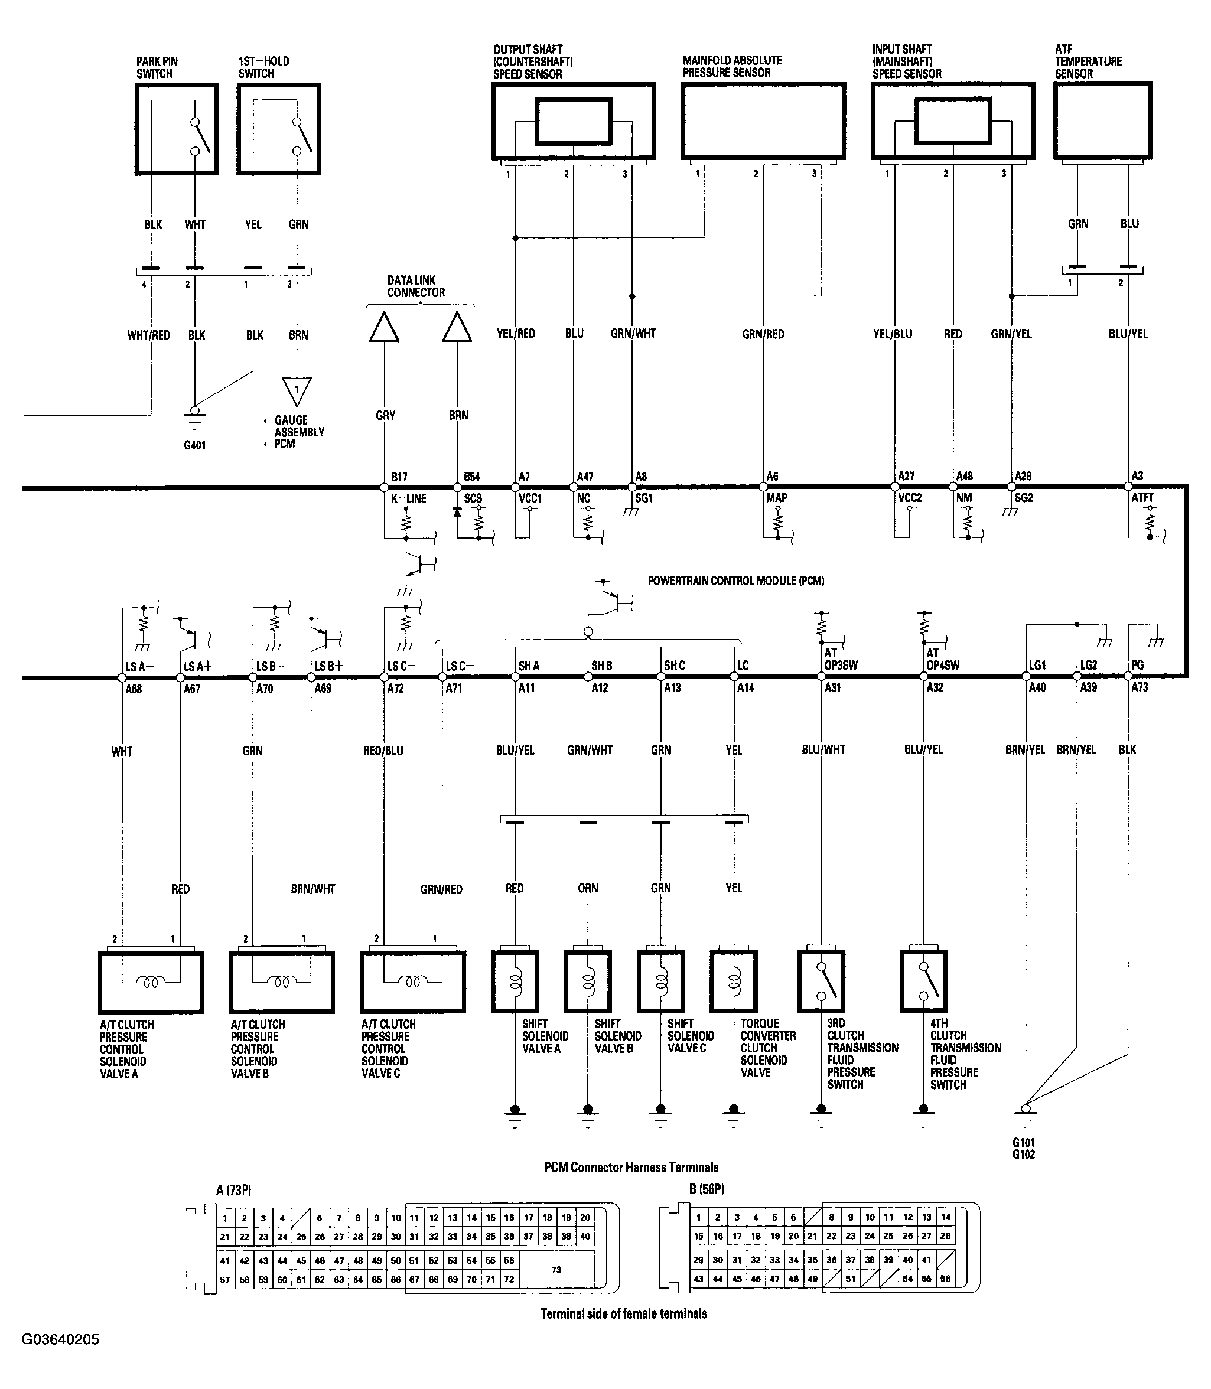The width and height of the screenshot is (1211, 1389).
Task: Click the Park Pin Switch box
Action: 177,129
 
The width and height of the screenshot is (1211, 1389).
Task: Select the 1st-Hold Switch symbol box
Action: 278,129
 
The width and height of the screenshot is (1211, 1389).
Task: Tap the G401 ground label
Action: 194,445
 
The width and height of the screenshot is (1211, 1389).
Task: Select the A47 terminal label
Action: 585,476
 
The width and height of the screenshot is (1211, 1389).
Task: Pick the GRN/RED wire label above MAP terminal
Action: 763,334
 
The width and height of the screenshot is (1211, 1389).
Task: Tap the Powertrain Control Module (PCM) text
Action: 736,581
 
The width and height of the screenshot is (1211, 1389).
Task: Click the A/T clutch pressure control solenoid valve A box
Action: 151,982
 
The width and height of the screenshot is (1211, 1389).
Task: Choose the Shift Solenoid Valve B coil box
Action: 588,981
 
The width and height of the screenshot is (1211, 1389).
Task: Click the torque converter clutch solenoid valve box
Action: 733,981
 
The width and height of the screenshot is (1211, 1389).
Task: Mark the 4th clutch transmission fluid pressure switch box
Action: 923,981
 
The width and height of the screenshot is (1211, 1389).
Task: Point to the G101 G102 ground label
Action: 1024,1149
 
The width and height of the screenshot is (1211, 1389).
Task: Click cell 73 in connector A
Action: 556,1270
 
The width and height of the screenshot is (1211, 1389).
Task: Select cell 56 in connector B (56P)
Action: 945,1279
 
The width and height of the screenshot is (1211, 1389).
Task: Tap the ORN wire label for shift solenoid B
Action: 588,888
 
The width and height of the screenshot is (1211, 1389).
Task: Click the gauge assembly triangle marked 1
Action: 296,390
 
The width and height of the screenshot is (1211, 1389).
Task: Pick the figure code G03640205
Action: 60,1339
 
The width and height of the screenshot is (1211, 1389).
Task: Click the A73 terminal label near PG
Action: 1140,688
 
